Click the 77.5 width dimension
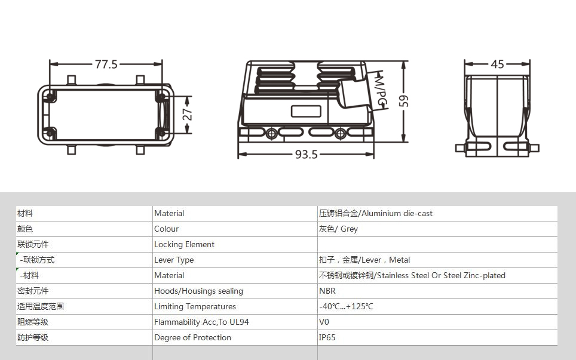pyautogui.click(x=106, y=64)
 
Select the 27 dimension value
pyautogui.click(x=188, y=114)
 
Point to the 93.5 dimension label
pyautogui.click(x=307, y=155)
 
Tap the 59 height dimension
pyautogui.click(x=403, y=101)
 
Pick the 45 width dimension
pyautogui.click(x=497, y=64)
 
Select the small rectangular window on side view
pyautogui.click(x=306, y=111)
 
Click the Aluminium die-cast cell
pyautogui.click(x=376, y=213)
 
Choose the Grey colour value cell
pyautogui.click(x=338, y=229)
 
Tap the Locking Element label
pyautogui.click(x=184, y=244)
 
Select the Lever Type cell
pyautogui.click(x=174, y=260)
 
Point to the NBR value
pyautogui.click(x=327, y=291)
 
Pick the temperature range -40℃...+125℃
pyautogui.click(x=346, y=306)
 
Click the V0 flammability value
pyautogui.click(x=324, y=322)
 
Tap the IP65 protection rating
pyautogui.click(x=327, y=338)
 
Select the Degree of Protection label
pyautogui.click(x=192, y=338)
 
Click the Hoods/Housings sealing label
pyautogui.click(x=199, y=291)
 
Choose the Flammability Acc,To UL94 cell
pyautogui.click(x=201, y=322)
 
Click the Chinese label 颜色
pyautogui.click(x=25, y=229)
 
